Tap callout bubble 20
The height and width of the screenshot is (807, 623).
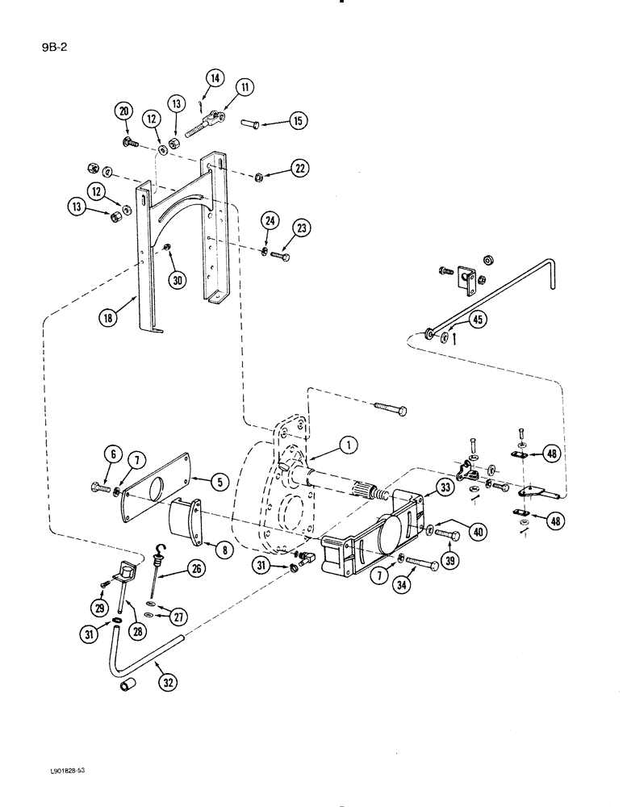click(x=123, y=112)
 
